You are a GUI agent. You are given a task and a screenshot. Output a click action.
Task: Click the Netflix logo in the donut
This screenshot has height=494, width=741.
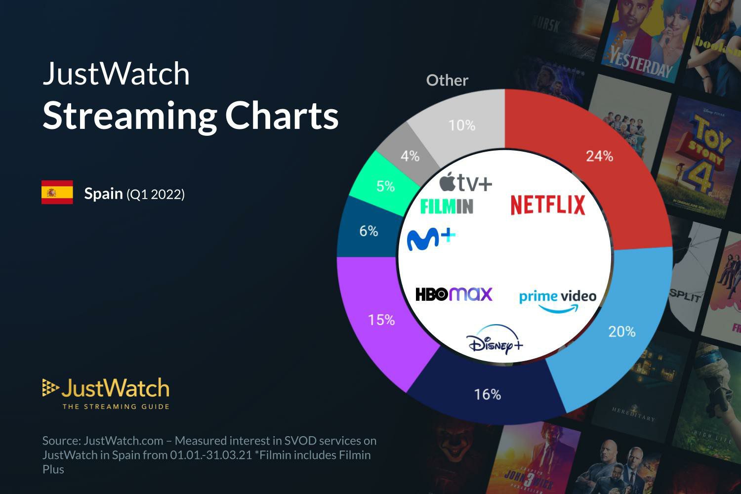[x=547, y=205]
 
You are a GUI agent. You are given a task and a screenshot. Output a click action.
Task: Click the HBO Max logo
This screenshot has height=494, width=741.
[x=454, y=294]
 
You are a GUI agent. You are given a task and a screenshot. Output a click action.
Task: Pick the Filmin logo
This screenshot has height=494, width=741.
[x=447, y=206]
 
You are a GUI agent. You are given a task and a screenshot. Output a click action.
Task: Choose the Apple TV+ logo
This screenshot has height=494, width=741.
[x=465, y=183]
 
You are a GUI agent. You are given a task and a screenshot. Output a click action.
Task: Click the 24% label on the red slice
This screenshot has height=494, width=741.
[x=599, y=156]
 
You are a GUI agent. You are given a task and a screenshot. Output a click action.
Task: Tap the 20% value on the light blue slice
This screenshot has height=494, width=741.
[x=621, y=331]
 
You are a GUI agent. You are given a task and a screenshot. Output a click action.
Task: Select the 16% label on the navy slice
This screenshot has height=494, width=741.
[x=487, y=394]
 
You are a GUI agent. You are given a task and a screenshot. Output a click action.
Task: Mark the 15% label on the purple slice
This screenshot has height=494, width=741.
[x=381, y=320]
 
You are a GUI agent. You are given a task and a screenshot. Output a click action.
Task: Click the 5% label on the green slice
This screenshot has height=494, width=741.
[x=385, y=186]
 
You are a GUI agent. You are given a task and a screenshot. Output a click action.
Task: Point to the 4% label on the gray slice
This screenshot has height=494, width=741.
[x=410, y=156]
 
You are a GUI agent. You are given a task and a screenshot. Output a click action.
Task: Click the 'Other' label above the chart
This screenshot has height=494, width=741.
[x=447, y=80]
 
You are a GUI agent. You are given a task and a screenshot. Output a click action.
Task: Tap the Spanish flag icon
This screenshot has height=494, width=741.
[x=57, y=193]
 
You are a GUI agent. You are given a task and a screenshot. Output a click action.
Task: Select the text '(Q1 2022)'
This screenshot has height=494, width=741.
[x=156, y=194]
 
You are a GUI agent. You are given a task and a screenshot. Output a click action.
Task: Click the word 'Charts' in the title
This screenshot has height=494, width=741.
[x=282, y=115]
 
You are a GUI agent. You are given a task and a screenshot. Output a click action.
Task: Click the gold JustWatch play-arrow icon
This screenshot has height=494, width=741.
[x=50, y=388]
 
